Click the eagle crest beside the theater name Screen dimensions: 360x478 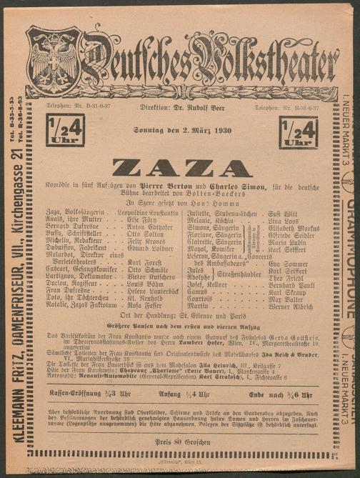coord(54,55)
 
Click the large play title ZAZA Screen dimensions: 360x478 coord(182,167)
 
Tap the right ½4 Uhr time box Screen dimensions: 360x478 coord(299,133)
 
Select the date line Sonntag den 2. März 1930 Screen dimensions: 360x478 coord(181,129)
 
